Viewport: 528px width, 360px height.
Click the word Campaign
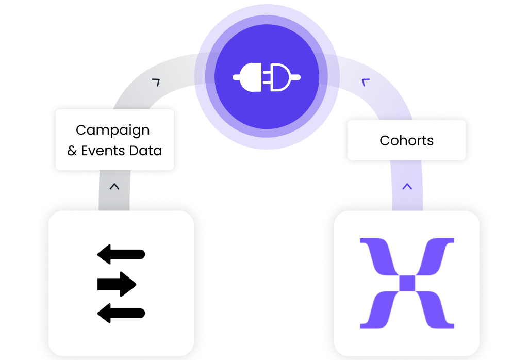pyautogui.click(x=112, y=130)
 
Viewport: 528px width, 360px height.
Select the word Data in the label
pyautogui.click(x=149, y=151)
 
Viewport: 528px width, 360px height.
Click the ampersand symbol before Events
pyautogui.click(x=72, y=151)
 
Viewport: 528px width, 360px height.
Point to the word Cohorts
pyautogui.click(x=406, y=140)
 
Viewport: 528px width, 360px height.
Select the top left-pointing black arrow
pyautogui.click(x=121, y=254)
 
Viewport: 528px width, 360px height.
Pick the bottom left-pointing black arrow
pyautogui.click(x=121, y=313)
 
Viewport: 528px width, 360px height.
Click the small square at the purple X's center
pyautogui.click(x=407, y=283)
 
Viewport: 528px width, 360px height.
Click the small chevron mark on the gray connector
pyautogui.click(x=156, y=81)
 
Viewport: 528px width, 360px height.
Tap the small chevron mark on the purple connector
pyautogui.click(x=367, y=81)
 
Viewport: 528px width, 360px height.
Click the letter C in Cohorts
pyautogui.click(x=385, y=140)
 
